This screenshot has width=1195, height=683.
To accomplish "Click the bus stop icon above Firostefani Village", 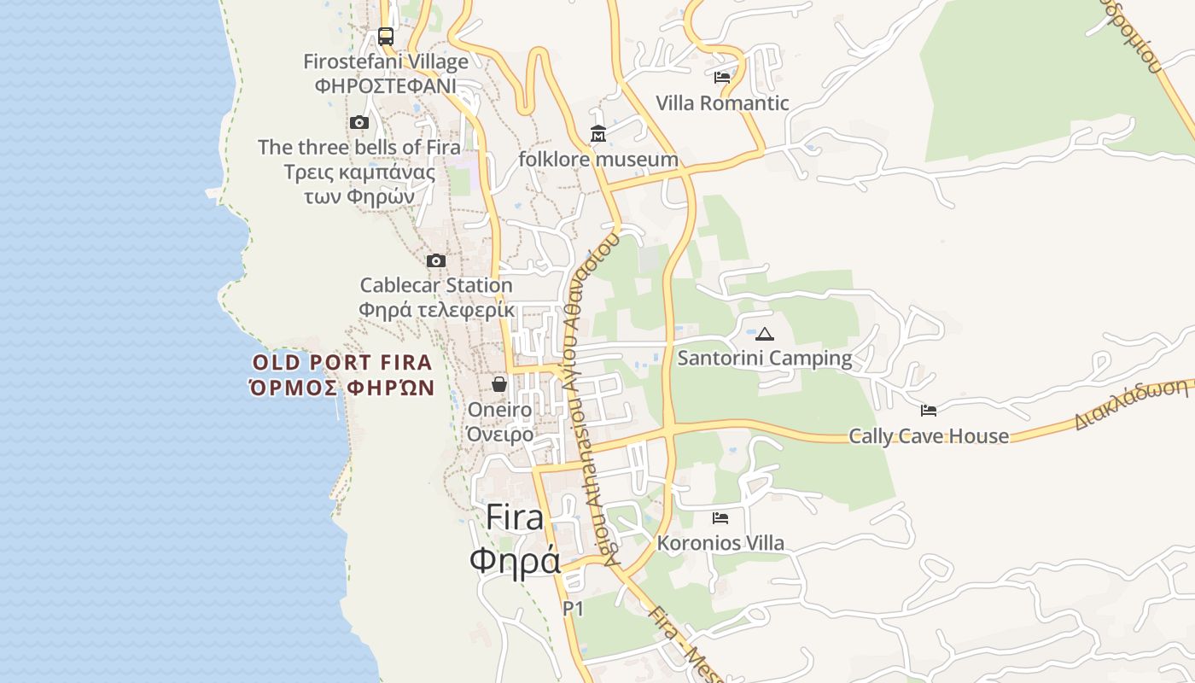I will [386, 37].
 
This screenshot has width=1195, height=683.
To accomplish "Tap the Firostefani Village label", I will [386, 61].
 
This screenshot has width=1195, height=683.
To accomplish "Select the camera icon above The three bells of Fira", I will [359, 123].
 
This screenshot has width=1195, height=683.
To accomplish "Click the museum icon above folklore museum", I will [598, 134].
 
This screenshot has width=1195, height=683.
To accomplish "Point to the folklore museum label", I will [598, 160].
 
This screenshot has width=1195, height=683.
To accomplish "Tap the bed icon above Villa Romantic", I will [722, 78].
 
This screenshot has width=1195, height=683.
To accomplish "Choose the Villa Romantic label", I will [722, 103].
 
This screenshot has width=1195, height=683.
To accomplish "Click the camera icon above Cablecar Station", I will [436, 260].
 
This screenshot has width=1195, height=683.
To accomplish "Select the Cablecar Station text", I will [436, 285].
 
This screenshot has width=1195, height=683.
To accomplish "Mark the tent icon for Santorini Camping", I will [765, 334].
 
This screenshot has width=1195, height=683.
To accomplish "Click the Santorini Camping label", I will [765, 359].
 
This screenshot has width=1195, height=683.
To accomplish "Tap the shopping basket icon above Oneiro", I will [499, 384].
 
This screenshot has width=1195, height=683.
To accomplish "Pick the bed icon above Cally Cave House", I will [929, 411].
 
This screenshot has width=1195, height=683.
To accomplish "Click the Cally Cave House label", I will [929, 436].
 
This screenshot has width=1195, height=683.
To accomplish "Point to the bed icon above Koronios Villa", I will [720, 517].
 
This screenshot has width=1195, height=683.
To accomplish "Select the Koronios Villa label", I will [720, 543].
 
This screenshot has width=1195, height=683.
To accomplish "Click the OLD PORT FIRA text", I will [342, 362].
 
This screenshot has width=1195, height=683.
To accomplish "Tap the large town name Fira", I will [515, 517].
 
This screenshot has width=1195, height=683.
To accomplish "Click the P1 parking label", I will [573, 609].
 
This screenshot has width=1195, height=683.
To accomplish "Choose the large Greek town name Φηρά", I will [515, 561].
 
